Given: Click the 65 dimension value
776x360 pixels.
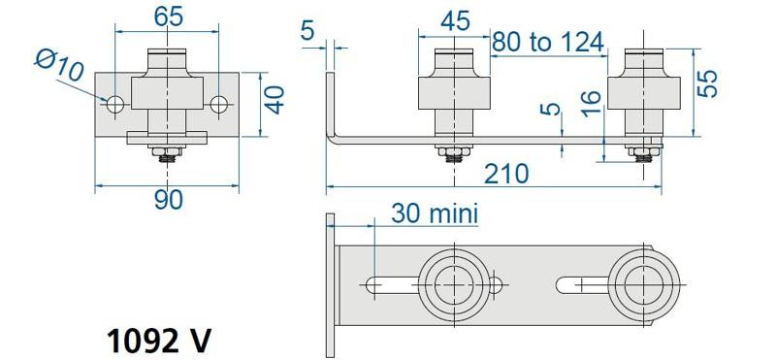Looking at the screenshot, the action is (168, 16).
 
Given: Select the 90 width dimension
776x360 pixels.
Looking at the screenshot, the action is (168, 200).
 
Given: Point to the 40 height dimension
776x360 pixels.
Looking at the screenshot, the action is (275, 100).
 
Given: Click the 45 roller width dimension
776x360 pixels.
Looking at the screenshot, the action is (455, 22).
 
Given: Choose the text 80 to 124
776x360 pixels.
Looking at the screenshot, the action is (548, 42).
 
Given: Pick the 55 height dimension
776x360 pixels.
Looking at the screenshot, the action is (707, 83).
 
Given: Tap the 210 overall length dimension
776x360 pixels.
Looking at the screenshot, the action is (505, 175).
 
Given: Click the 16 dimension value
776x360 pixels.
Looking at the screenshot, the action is (592, 104).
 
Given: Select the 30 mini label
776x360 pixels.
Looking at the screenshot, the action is (435, 213).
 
